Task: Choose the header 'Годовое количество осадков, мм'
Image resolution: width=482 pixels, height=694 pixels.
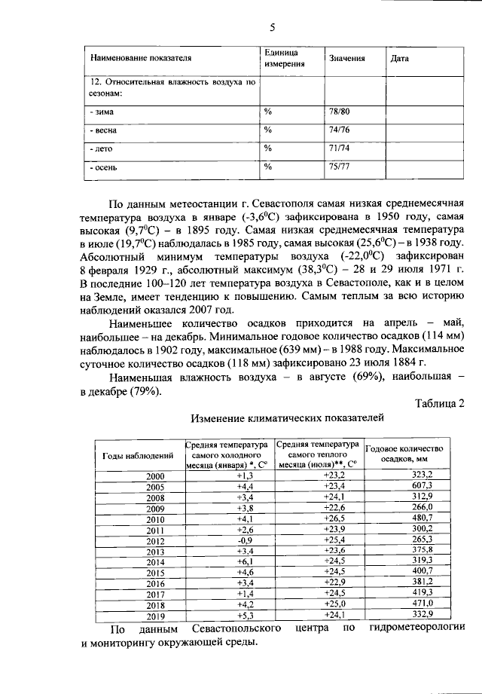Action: (404, 453)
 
